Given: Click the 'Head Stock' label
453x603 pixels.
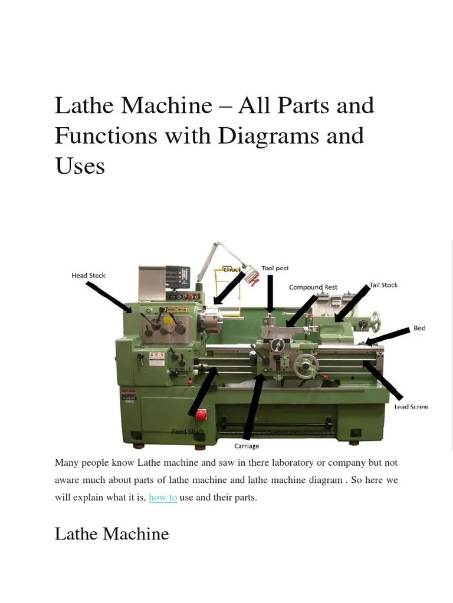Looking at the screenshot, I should [x=88, y=276].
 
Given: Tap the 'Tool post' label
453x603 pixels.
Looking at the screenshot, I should [x=275, y=269].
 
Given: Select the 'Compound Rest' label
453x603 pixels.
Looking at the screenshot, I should [x=313, y=287].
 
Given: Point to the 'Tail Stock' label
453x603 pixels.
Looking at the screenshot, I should [x=383, y=285].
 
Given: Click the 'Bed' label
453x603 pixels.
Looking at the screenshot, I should [x=419, y=328].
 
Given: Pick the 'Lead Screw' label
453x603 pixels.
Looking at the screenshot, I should [x=411, y=407].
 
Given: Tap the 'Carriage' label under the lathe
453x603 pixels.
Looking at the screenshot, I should [x=247, y=446].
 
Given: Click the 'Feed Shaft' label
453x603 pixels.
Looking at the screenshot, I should [x=188, y=432].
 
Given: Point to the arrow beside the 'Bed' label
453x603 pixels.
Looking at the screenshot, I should [x=387, y=336].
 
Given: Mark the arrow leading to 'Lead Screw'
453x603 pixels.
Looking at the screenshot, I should [x=383, y=380].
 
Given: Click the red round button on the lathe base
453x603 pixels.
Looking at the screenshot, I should [x=201, y=415].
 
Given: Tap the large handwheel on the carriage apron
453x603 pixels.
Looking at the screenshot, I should [x=306, y=366].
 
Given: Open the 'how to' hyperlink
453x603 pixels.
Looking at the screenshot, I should [x=163, y=498].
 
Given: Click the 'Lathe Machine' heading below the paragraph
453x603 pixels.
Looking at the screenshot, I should [x=111, y=534].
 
